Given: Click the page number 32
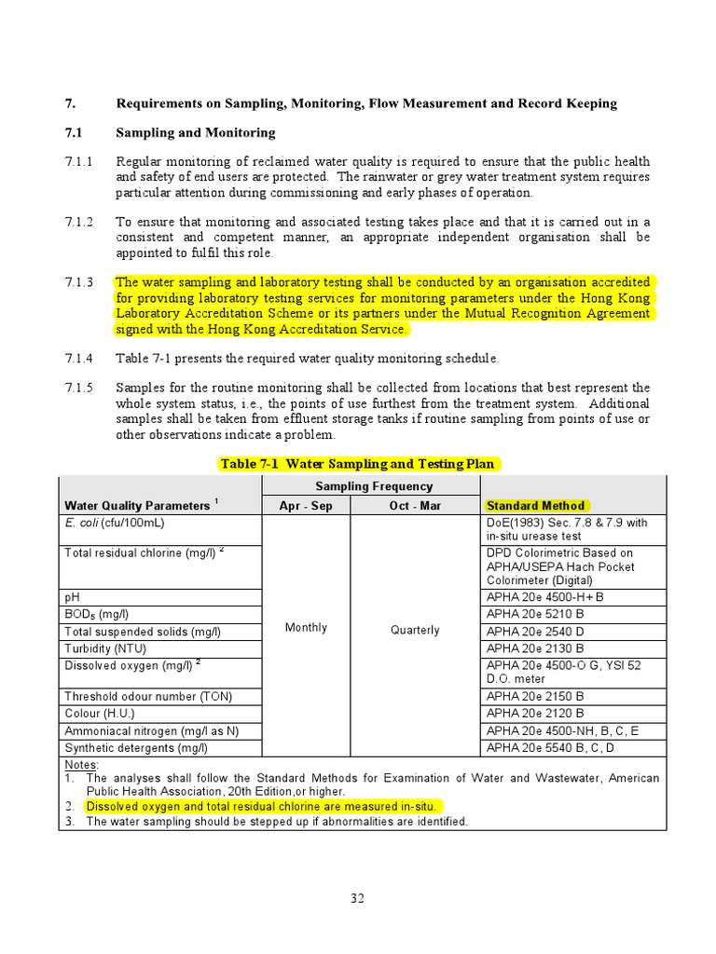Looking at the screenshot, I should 358,898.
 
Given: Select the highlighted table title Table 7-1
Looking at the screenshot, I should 359,464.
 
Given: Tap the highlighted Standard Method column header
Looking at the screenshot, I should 535,505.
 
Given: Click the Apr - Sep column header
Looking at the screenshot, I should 306,505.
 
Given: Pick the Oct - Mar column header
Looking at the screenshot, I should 415,505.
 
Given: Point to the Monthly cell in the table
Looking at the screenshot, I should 306,628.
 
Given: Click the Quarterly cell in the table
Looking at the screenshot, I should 415,630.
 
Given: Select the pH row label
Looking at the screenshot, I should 72,596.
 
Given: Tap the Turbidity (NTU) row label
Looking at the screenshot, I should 105,648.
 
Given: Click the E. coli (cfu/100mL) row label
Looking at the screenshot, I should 115,524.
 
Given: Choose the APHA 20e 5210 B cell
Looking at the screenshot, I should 535,614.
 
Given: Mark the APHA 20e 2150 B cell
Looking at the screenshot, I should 535,696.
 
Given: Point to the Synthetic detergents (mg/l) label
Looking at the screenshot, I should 136,747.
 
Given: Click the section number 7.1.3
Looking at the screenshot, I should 79,282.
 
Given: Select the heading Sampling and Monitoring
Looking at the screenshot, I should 195,133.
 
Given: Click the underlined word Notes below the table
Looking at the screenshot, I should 81,764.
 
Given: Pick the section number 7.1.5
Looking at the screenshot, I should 79,388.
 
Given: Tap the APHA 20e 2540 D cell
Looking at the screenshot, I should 535,632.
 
